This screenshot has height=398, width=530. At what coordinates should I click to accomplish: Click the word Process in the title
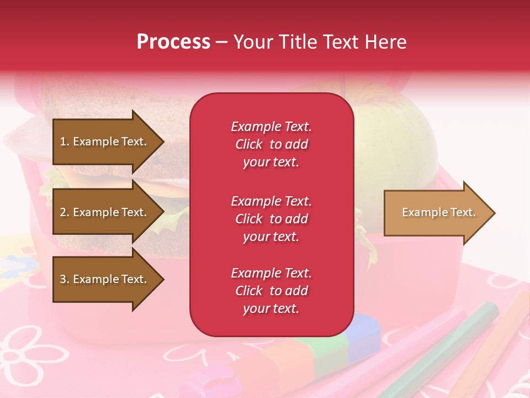[173, 42]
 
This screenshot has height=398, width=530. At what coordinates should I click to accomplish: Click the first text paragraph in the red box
[271, 144]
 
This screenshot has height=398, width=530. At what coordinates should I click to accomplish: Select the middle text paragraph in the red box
[271, 219]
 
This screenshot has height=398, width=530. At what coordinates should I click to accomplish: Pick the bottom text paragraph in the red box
[271, 291]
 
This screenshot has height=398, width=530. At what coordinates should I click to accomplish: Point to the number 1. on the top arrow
[65, 142]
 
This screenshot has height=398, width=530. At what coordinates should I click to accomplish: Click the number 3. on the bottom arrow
[65, 279]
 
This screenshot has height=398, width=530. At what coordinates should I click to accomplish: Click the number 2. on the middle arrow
[65, 212]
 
